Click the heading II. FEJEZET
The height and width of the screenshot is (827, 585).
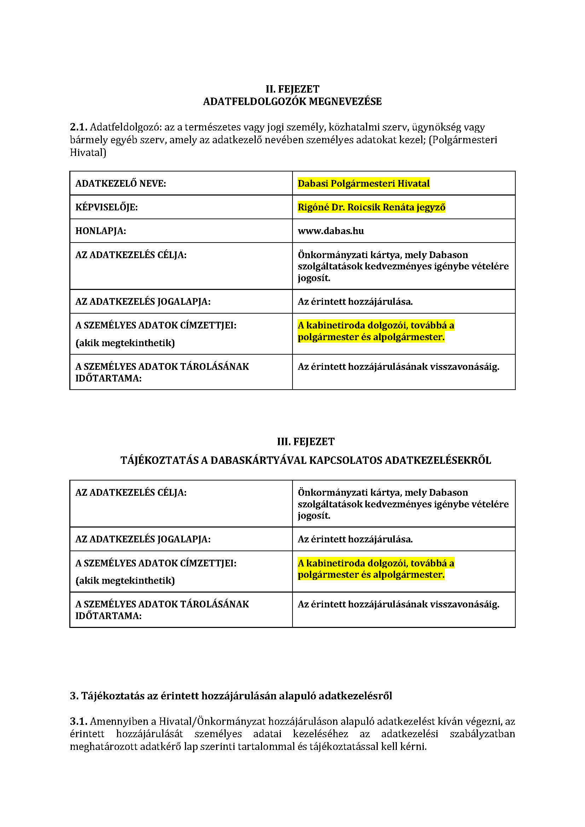292,89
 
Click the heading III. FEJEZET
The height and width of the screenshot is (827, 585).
306,442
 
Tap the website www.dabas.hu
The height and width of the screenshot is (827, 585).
330,231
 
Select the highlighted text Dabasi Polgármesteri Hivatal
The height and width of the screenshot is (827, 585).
363,184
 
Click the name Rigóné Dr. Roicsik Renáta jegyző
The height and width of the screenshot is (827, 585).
371,207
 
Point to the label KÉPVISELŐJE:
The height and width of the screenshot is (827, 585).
106,207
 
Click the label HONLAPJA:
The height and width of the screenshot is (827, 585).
100,231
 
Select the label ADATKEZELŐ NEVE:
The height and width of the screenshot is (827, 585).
120,184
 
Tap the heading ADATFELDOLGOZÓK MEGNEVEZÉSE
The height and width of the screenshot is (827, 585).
292,101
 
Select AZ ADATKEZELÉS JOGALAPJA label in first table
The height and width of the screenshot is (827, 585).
143,302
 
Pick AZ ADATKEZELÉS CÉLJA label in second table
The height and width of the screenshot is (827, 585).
131,493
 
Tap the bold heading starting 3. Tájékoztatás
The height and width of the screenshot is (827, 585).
231,696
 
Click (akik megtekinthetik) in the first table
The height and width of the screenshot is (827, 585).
124,343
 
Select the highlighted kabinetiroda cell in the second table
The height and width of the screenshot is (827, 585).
375,569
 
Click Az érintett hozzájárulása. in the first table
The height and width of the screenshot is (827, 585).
355,302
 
